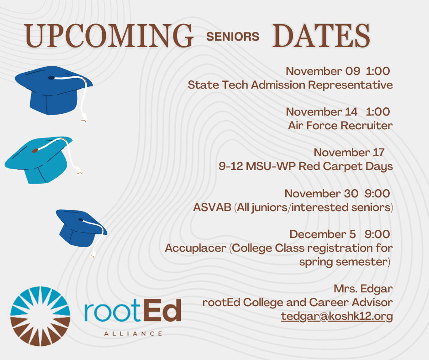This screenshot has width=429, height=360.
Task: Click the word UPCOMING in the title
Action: click(x=109, y=36)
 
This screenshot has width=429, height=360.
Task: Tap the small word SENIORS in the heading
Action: click(x=233, y=37)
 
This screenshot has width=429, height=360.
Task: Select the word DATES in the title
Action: click(x=321, y=36)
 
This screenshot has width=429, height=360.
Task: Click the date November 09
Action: click(x=323, y=71)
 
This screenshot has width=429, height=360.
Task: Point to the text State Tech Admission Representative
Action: click(x=290, y=85)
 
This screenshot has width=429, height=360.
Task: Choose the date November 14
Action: click(x=322, y=112)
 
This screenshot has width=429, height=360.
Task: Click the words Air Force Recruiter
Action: click(x=340, y=126)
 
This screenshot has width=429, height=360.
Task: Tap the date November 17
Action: click(x=349, y=152)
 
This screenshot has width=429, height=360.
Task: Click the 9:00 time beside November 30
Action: click(x=377, y=193)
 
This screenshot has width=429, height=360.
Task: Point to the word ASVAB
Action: click(x=212, y=207)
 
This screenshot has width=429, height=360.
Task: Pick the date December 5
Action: click(x=323, y=234)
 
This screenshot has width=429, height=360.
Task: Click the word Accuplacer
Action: click(x=196, y=248)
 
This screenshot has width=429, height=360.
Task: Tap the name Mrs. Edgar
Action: click(x=363, y=289)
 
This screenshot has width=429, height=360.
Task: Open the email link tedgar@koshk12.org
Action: click(x=337, y=316)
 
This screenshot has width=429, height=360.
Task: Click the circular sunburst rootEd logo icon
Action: click(x=40, y=316)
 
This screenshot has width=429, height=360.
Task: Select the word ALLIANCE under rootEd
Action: click(x=133, y=334)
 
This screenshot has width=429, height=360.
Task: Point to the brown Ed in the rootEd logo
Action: click(x=162, y=310)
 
